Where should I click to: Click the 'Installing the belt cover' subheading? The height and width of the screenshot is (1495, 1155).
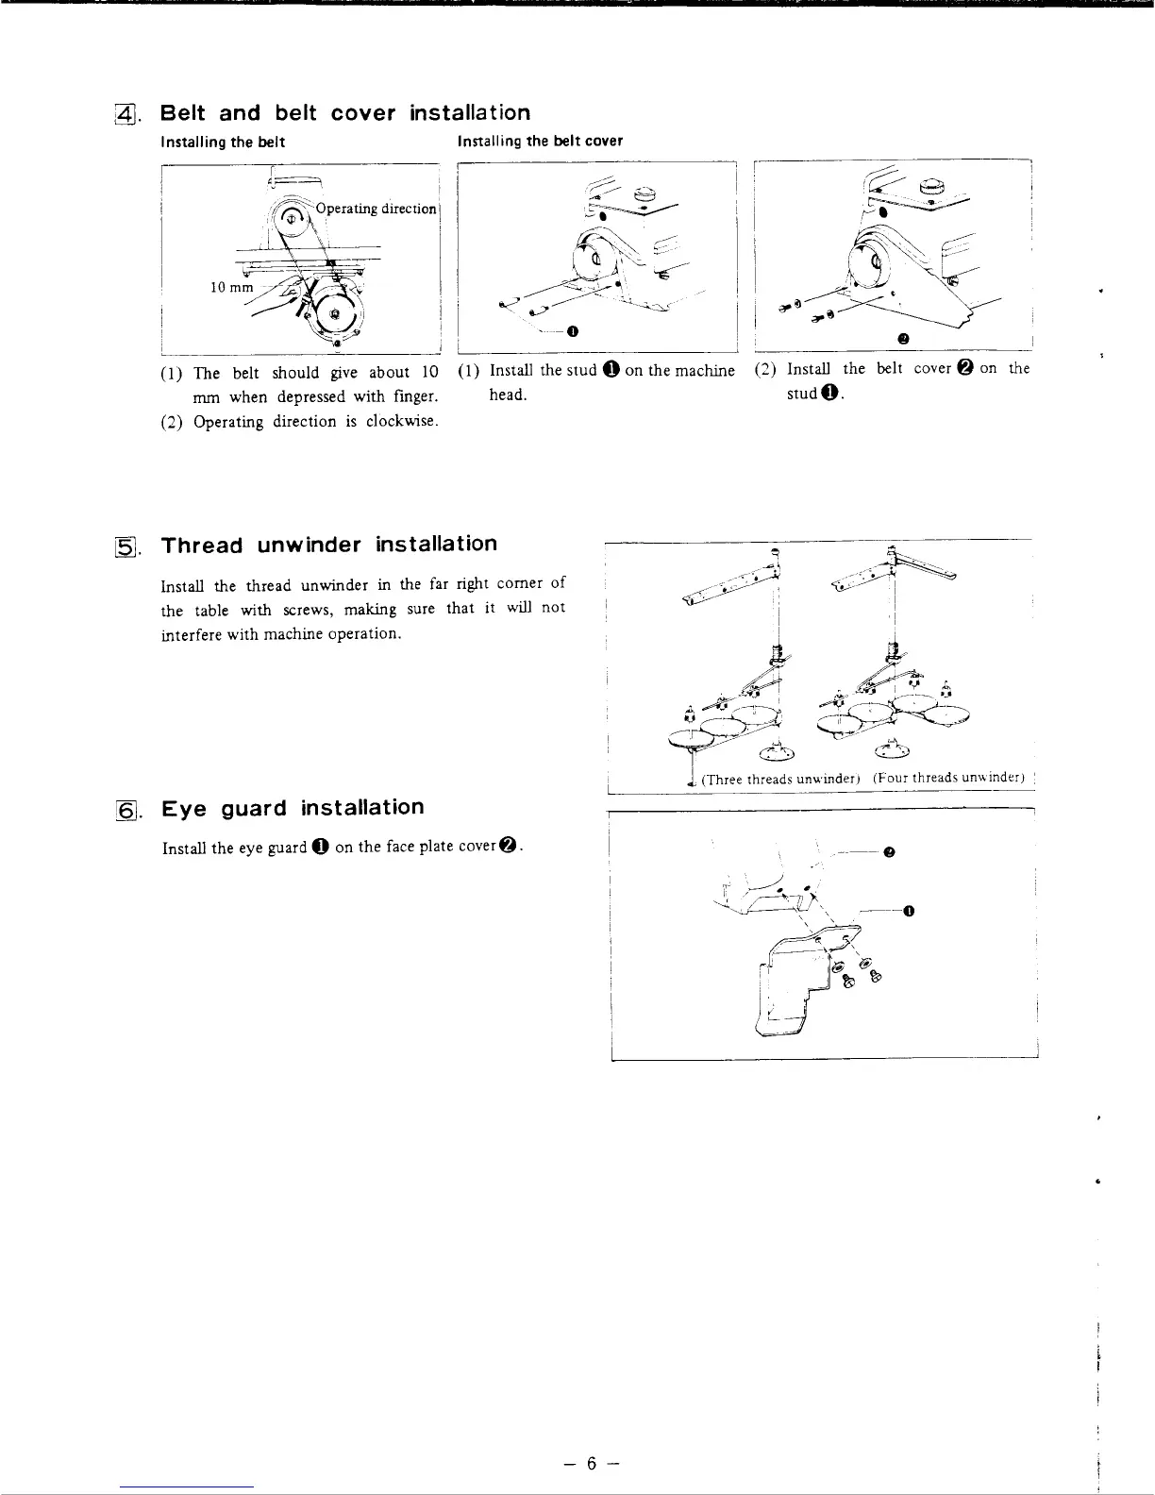tap(540, 142)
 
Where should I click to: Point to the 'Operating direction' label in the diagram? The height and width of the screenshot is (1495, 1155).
tap(377, 209)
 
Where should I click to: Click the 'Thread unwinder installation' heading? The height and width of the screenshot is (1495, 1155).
tap(328, 545)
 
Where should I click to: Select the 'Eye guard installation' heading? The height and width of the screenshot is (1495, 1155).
tap(293, 808)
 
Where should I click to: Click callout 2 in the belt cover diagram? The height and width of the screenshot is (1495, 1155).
tap(903, 338)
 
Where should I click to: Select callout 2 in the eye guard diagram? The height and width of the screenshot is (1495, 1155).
tap(889, 852)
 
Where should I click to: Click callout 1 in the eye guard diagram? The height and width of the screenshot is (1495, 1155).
tap(908, 912)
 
